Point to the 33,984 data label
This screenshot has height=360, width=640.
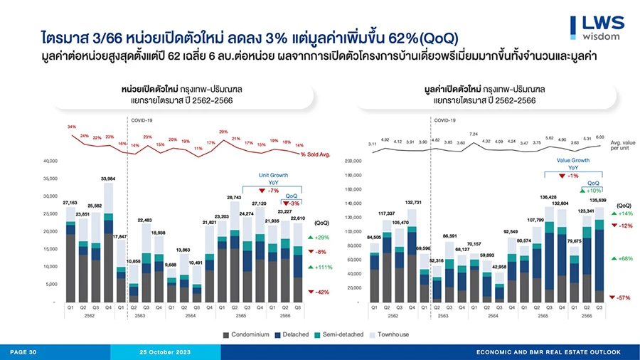pyautogui.click(x=108, y=179)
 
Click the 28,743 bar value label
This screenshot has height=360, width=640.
pyautogui.click(x=234, y=196)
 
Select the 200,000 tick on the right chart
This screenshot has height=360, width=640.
pyautogui.click(x=353, y=161)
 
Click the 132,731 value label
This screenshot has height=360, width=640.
pyautogui.click(x=413, y=202)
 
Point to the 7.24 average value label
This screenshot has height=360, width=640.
pyautogui.click(x=474, y=134)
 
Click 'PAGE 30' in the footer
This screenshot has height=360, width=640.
pyautogui.click(x=23, y=352)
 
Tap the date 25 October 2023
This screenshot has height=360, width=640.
pyautogui.click(x=166, y=352)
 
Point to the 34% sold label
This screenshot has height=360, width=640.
pyautogui.click(x=72, y=127)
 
